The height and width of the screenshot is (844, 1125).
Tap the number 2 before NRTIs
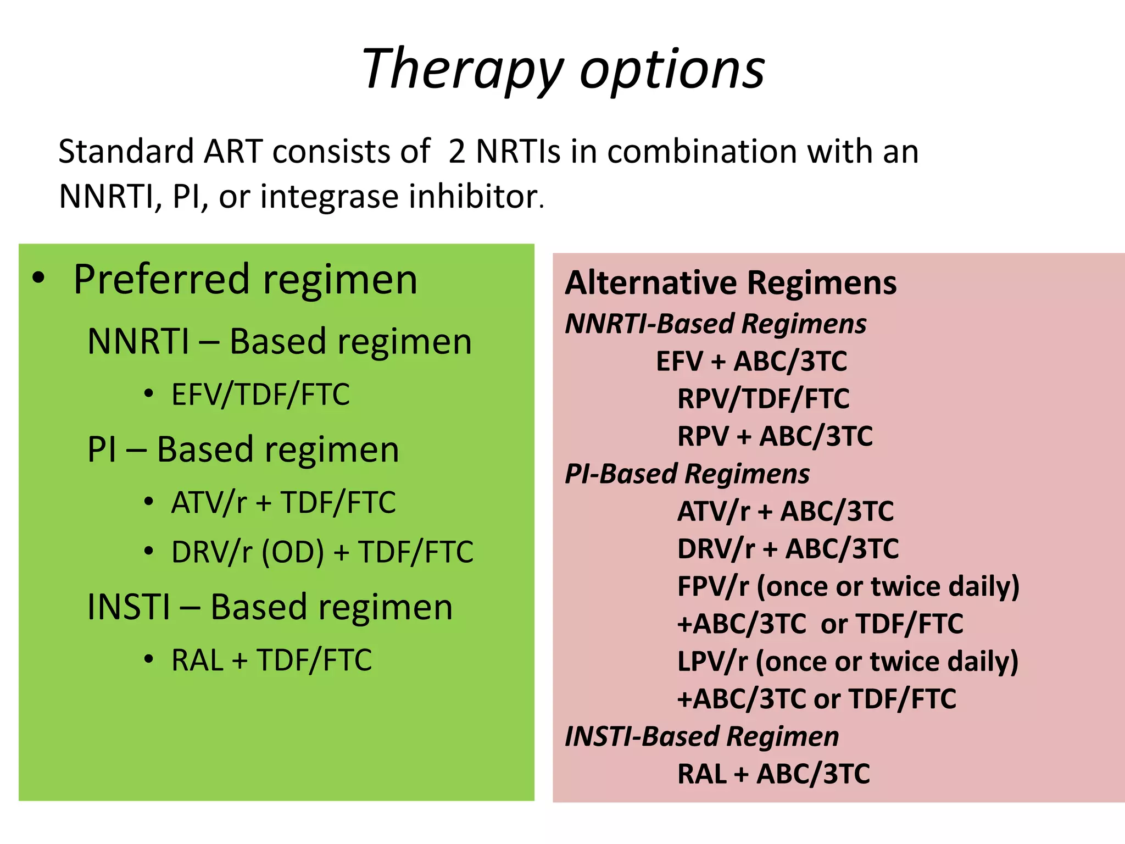(x=457, y=152)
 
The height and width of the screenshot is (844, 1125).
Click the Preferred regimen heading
(x=245, y=280)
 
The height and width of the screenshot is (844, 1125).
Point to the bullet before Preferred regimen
(x=38, y=278)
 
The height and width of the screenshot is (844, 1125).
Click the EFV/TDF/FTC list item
(x=260, y=395)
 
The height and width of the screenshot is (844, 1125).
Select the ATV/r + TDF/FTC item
(x=283, y=502)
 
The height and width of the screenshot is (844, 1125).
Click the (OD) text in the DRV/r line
(x=293, y=552)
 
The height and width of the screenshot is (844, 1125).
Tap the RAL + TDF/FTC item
(x=271, y=660)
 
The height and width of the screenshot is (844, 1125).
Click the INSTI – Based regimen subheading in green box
(x=270, y=607)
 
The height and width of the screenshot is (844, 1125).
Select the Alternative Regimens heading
(x=731, y=283)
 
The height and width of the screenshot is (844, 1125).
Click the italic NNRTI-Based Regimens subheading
(x=715, y=324)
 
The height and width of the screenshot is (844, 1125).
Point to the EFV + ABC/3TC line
(x=751, y=362)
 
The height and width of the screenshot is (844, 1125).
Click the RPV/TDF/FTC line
(x=763, y=399)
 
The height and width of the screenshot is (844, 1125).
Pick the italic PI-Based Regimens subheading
(x=687, y=474)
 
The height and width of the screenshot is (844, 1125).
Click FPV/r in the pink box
(x=712, y=586)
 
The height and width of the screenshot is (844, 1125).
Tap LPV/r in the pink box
(x=712, y=662)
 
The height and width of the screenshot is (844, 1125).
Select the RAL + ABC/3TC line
(x=773, y=774)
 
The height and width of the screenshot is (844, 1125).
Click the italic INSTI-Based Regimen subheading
(x=701, y=736)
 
